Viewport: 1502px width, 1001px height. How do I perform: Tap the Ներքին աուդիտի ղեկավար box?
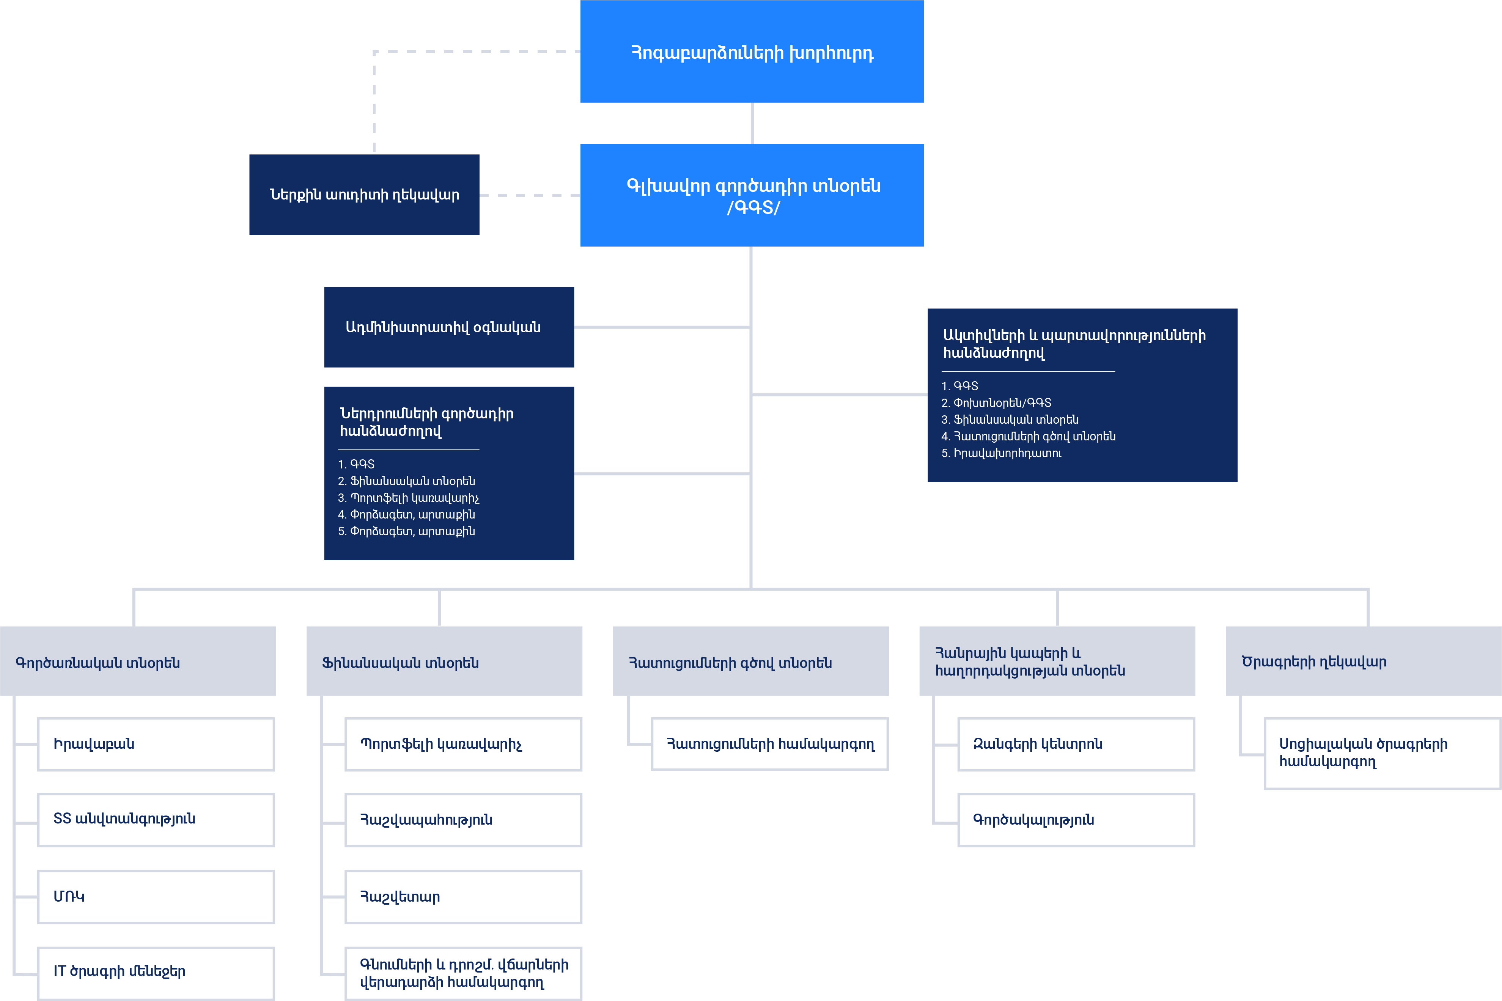pos(364,195)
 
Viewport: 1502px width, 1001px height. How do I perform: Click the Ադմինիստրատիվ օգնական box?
pos(449,327)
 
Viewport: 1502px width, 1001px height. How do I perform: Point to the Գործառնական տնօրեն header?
pos(138,662)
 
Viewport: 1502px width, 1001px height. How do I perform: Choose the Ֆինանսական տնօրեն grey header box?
pos(444,662)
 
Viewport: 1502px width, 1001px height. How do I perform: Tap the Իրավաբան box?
pos(156,744)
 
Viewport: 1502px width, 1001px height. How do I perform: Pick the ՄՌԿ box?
pos(156,896)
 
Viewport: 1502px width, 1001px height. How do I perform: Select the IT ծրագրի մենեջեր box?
pos(156,972)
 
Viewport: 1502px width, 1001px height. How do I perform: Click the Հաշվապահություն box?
pos(463,820)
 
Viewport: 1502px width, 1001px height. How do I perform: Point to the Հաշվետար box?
pos(463,896)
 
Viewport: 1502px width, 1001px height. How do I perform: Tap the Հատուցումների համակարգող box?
pos(769,744)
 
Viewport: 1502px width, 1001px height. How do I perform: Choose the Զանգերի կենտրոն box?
pos(1076,744)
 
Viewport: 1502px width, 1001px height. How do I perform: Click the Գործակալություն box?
pos(1076,820)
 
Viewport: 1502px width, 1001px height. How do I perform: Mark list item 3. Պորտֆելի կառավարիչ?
pos(409,498)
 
